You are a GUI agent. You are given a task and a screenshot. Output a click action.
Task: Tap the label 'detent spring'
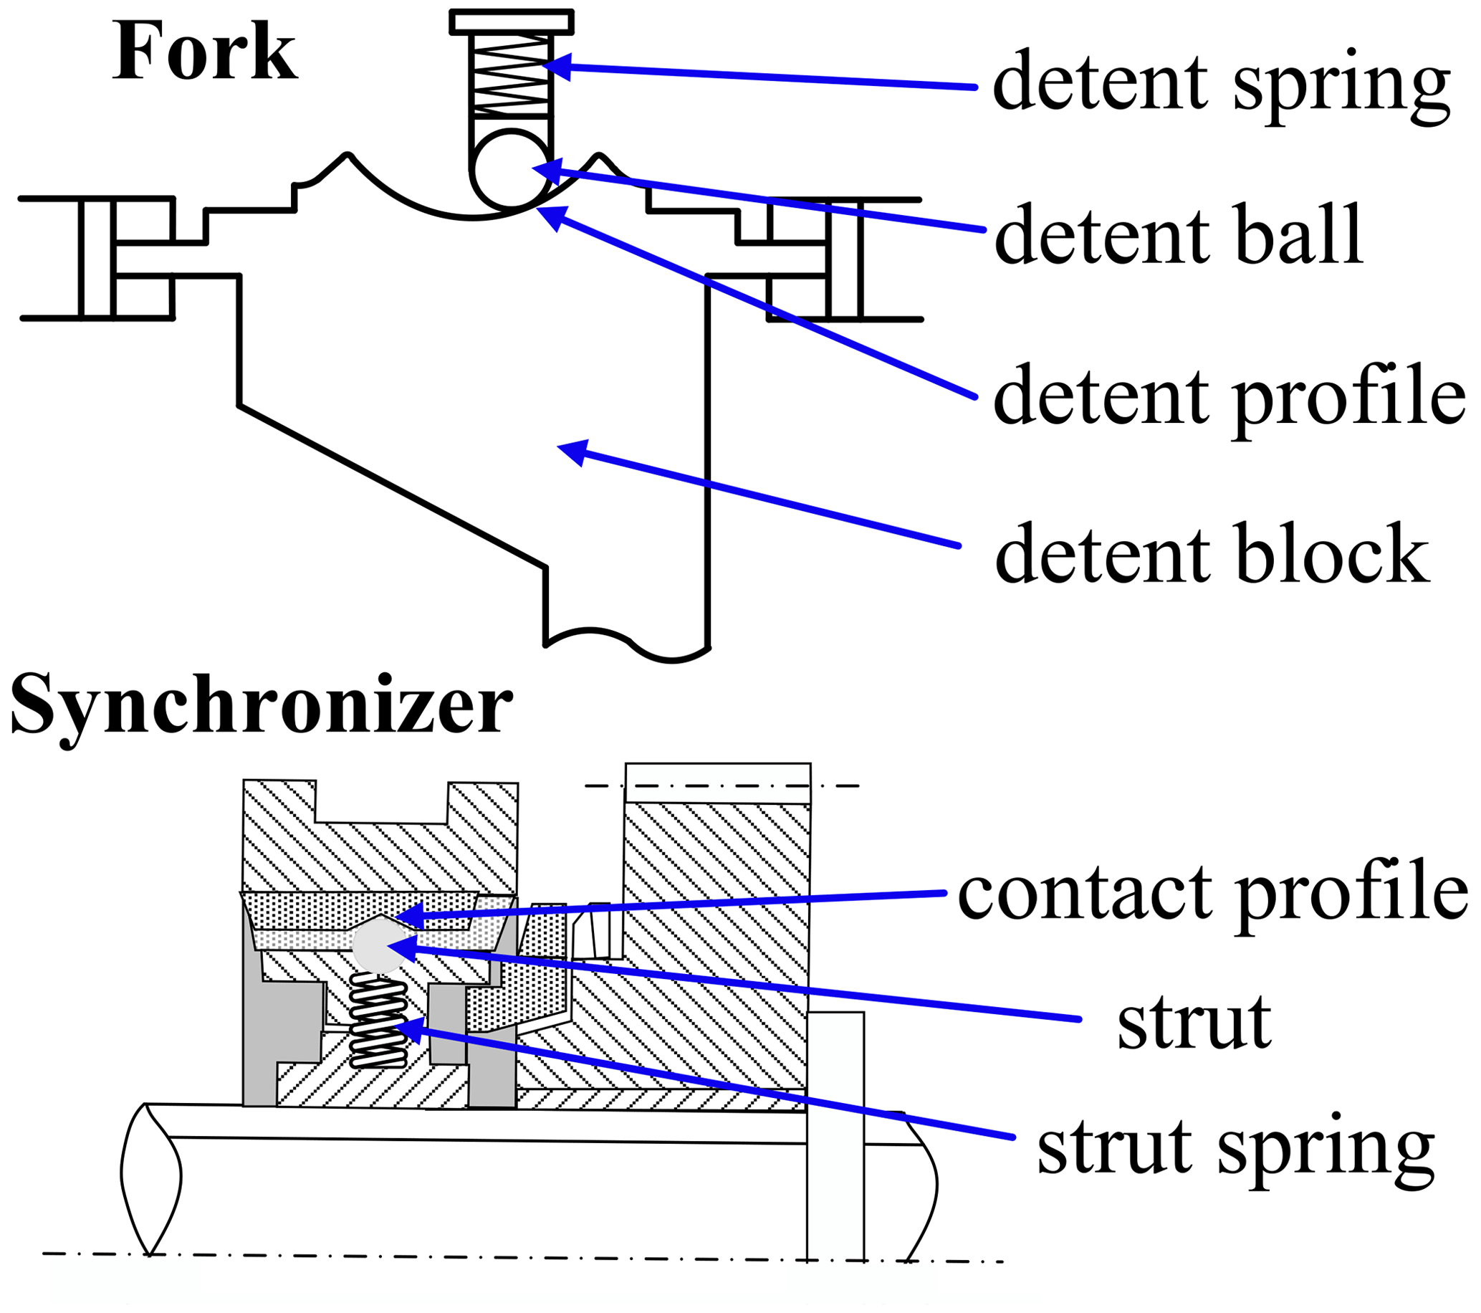pos(1221,84)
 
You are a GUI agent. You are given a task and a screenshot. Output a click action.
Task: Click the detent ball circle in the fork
pos(512,169)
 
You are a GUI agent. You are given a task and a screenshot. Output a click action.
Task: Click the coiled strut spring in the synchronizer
pos(378,1021)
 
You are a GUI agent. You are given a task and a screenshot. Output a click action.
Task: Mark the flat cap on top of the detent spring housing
pos(512,22)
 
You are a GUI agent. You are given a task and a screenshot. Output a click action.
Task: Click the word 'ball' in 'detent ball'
pos(1300,237)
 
